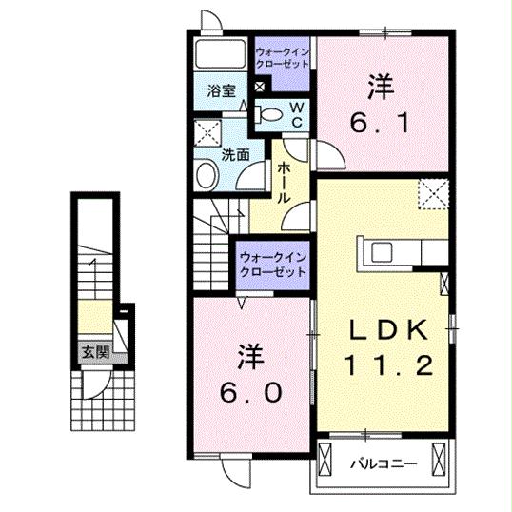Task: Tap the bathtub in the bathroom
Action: pyautogui.click(x=221, y=54)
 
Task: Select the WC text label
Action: pyautogui.click(x=296, y=114)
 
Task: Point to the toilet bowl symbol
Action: pyautogui.click(x=270, y=114)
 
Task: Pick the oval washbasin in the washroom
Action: pyautogui.click(x=207, y=173)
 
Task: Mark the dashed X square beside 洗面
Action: pyautogui.click(x=206, y=132)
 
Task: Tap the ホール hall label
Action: pyautogui.click(x=284, y=185)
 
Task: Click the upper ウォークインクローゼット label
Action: pyautogui.click(x=283, y=54)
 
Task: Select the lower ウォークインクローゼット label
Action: pyautogui.click(x=273, y=264)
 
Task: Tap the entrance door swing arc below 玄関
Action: pyautogui.click(x=95, y=383)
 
